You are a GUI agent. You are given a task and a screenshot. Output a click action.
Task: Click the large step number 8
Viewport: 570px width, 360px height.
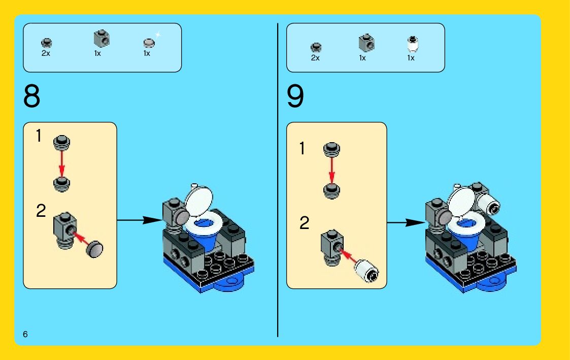point(31,96)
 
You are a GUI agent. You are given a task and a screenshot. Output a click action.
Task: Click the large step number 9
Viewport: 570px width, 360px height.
point(295,96)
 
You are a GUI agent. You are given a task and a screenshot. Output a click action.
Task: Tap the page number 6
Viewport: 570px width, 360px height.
point(25,334)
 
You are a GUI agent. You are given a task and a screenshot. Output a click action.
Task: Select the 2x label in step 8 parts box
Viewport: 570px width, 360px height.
point(46,53)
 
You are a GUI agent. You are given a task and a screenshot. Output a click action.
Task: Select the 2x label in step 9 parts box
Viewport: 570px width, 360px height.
point(315,58)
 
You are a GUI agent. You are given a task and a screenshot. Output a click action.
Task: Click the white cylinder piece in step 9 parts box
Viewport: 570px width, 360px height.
point(412,45)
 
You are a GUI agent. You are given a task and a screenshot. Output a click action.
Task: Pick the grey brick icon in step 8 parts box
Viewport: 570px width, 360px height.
point(101,39)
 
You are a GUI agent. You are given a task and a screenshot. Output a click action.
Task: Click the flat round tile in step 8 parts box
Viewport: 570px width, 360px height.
point(148,43)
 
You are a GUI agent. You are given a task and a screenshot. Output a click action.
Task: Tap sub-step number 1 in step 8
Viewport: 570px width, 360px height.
point(39,136)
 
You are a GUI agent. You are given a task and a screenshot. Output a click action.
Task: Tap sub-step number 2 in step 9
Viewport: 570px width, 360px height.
point(305,223)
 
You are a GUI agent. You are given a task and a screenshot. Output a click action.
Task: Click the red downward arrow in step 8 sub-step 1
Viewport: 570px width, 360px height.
point(62,164)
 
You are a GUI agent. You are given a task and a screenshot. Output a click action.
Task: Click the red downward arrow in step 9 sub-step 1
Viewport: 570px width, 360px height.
point(331,170)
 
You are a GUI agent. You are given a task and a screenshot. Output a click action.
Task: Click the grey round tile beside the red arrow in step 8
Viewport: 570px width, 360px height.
point(94,248)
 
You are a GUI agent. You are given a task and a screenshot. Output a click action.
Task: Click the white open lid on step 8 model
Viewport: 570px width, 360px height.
point(199,202)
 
